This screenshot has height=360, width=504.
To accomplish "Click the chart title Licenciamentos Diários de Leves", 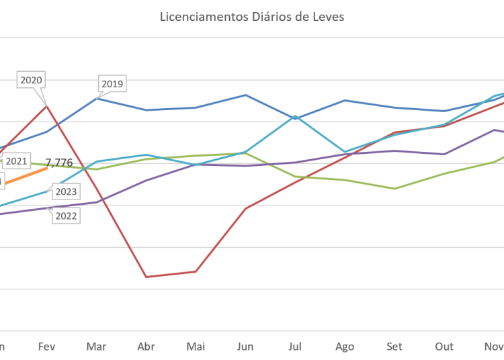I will coord(252,17).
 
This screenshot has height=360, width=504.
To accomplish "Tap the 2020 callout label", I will coord(32,80).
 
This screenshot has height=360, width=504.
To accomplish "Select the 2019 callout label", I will coord(112,84).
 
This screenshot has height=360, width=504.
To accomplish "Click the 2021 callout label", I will coord(15,161).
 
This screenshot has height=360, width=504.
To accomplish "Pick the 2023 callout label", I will coord(66,192).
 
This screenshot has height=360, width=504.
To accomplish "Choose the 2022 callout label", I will coord(66,216).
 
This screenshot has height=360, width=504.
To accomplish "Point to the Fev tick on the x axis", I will coord(46,347).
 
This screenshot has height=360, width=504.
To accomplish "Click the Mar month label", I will coord(96,347).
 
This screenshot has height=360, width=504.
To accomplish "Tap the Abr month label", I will coord(146,347).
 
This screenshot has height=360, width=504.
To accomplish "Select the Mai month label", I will coord(196,347).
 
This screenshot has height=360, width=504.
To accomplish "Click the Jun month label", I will coord(245,347).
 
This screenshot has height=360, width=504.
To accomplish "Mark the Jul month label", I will coord(295,347).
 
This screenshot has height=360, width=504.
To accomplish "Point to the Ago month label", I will coord(345,347).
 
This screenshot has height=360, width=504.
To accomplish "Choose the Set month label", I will coord(394,347).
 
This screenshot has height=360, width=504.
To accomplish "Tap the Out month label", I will coord(444,347).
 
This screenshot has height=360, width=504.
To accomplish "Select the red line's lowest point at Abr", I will coord(146,276).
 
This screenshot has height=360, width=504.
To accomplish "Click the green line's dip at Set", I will coord(395,188).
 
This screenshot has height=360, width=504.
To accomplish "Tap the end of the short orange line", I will coord(47,168).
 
